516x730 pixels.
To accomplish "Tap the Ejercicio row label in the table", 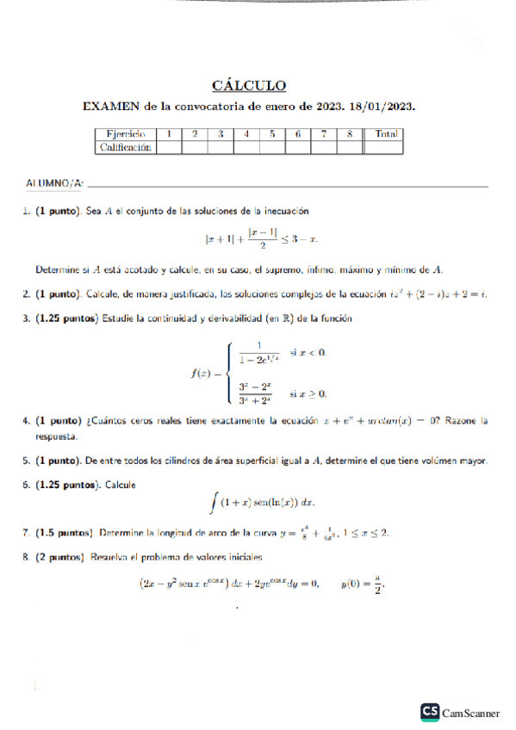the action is pyautogui.click(x=126, y=134).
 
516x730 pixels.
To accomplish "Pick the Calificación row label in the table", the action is pyautogui.click(x=126, y=147).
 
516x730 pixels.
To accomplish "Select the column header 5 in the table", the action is pyautogui.click(x=272, y=134).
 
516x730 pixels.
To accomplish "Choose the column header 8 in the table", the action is pyautogui.click(x=350, y=134).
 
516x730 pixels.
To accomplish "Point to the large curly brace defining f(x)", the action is pyautogui.click(x=227, y=373).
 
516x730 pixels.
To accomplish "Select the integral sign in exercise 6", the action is pyautogui.click(x=213, y=501).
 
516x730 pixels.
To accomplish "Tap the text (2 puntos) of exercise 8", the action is pyautogui.click(x=59, y=558).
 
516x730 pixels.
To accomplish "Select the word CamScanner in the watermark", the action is pyautogui.click(x=471, y=713).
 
